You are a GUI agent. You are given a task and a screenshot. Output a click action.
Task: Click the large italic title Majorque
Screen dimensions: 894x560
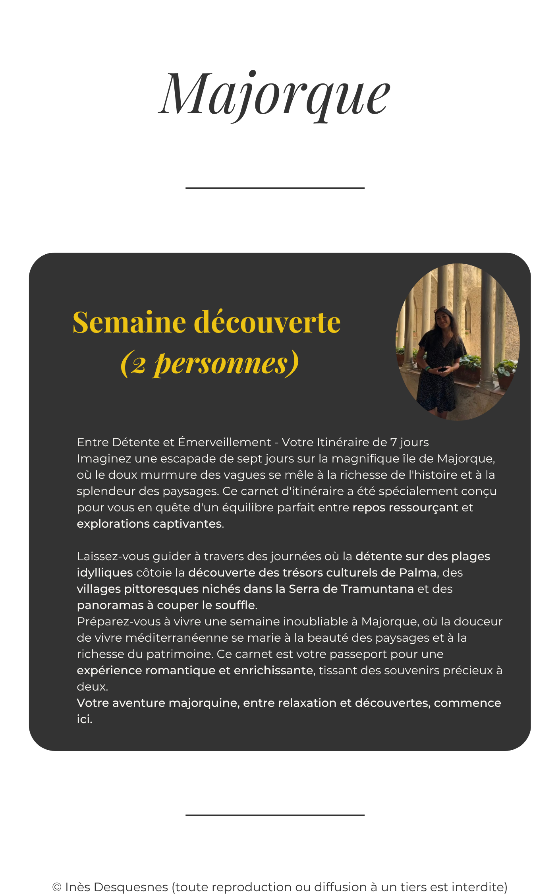[x=274, y=95]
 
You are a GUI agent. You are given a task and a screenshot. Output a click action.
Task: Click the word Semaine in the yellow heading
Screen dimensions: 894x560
[x=129, y=322]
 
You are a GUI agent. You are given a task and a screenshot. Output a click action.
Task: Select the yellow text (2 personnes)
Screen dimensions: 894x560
[x=209, y=363]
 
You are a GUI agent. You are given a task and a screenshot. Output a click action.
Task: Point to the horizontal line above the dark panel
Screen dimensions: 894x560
[x=275, y=188]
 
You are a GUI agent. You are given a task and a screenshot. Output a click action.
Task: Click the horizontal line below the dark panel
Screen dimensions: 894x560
[x=275, y=815]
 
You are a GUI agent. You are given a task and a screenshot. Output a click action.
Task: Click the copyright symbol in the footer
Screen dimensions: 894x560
[x=57, y=887]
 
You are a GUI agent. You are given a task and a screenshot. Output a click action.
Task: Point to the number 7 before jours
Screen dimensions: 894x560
[x=394, y=442]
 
